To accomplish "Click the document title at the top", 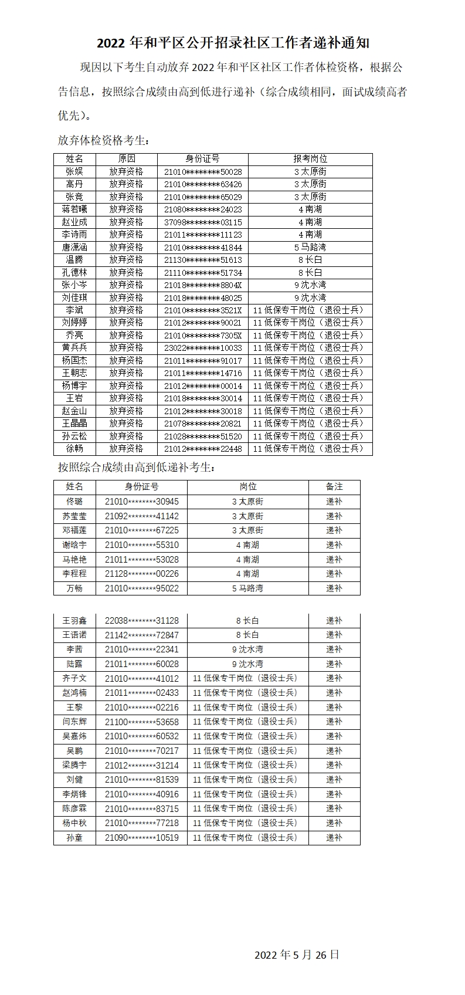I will [x=233, y=43].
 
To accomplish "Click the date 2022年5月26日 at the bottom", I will [x=297, y=954].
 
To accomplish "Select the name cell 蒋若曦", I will [x=74, y=209].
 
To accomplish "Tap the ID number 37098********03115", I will [x=203, y=222].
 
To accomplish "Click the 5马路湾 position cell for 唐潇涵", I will [x=310, y=248].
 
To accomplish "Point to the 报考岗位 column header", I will [x=310, y=159].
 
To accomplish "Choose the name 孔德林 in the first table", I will [x=74, y=273].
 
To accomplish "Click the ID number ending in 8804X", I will [x=203, y=285].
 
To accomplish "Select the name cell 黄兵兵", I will [x=74, y=348].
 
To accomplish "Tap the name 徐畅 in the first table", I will [x=74, y=449].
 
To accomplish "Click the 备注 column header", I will [x=334, y=487].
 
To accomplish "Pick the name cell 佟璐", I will [x=74, y=502].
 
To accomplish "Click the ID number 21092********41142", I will [x=142, y=516].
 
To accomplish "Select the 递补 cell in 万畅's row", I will [x=334, y=588].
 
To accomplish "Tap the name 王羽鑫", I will [x=74, y=621].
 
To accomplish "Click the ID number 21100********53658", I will [x=142, y=722].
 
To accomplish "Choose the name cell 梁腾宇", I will [x=74, y=765].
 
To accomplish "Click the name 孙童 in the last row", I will [x=74, y=838].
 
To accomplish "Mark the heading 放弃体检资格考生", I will [x=103, y=141].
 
